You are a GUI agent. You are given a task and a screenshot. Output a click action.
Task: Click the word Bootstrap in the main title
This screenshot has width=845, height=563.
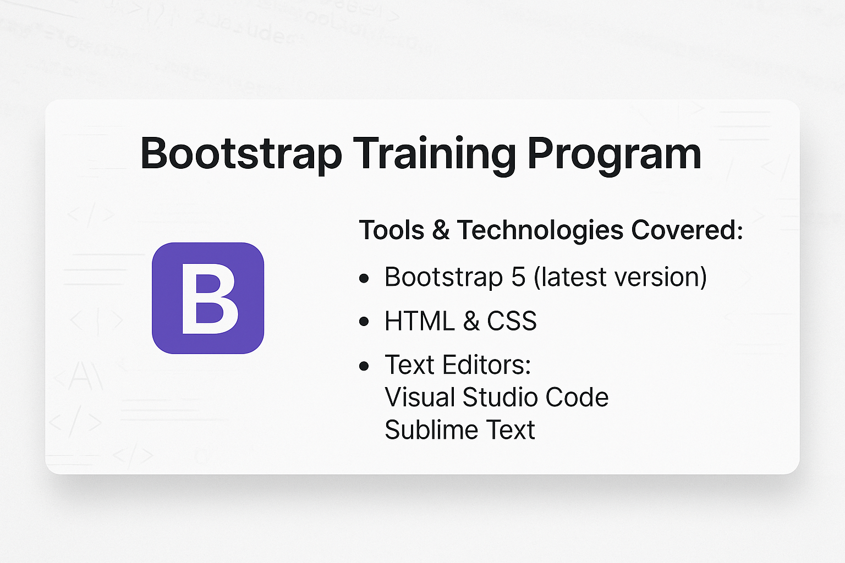click(x=241, y=154)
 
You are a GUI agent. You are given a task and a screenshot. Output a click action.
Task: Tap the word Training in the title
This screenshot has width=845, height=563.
click(x=434, y=154)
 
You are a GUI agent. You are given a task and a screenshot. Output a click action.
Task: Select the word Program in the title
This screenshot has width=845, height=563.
click(x=614, y=154)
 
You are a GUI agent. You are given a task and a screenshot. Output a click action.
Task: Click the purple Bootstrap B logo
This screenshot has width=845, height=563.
click(x=208, y=298)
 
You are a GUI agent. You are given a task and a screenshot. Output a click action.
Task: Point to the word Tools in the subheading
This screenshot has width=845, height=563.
click(x=391, y=230)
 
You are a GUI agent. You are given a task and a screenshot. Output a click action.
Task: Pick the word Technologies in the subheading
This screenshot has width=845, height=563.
click(x=540, y=230)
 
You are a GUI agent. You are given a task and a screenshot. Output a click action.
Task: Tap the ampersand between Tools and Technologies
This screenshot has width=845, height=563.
click(x=441, y=230)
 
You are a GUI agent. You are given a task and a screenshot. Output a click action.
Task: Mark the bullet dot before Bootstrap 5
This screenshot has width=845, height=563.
click(x=364, y=278)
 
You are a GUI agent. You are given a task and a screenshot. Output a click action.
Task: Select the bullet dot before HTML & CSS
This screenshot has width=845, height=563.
click(x=364, y=322)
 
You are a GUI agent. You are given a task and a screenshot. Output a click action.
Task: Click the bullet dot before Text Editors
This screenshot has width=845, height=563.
click(x=364, y=366)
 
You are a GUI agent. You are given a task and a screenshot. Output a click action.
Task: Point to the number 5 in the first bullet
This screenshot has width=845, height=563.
click(x=518, y=277)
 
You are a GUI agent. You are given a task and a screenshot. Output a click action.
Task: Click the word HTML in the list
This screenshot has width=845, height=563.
click(x=420, y=321)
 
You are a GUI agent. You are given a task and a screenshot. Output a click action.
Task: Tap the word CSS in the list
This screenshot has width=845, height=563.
click(x=512, y=321)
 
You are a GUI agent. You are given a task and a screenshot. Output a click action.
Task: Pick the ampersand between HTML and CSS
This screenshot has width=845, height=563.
click(x=471, y=321)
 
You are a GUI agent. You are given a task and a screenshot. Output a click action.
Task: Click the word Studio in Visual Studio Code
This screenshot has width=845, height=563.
click(x=492, y=397)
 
